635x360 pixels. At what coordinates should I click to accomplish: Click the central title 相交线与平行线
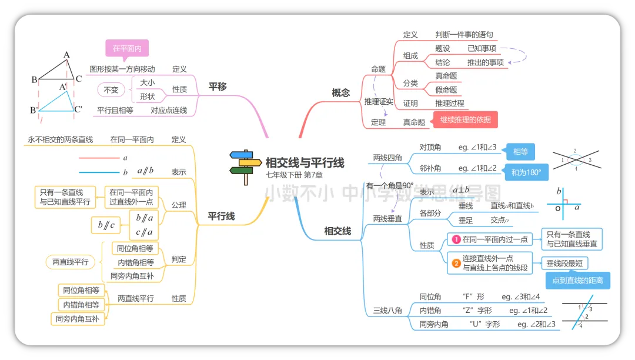(305, 162)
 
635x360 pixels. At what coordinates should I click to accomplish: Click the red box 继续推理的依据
(465, 121)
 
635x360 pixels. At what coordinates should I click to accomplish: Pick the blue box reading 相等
(520, 152)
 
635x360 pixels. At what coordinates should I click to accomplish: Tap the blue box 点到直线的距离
(577, 281)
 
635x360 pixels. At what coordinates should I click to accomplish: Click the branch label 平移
(218, 87)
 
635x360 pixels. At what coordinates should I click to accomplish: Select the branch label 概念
(340, 92)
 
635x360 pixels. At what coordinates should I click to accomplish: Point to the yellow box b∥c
(106, 225)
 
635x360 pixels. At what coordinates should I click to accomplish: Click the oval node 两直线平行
(70, 262)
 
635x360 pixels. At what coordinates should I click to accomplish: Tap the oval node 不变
(111, 90)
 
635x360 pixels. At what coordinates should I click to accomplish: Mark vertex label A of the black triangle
(66, 55)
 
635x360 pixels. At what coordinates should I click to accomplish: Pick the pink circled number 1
(455, 239)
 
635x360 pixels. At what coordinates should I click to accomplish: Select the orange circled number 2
(456, 263)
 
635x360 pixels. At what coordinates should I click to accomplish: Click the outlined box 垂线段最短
(566, 264)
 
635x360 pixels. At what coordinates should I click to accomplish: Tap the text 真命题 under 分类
(446, 76)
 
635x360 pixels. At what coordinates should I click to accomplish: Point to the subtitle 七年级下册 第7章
(294, 175)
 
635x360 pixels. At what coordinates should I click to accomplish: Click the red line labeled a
(99, 158)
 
